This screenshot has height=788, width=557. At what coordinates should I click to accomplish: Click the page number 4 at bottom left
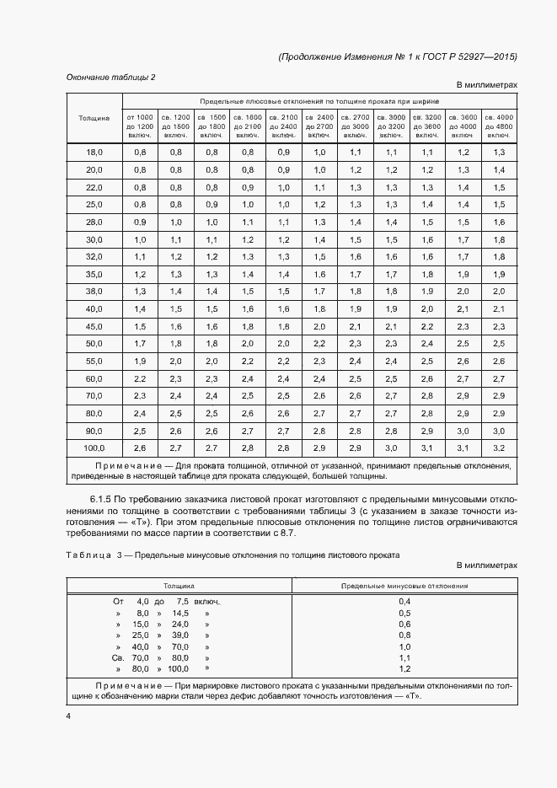click(68, 716)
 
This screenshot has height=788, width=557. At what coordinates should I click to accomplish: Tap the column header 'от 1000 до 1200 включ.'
click(140, 125)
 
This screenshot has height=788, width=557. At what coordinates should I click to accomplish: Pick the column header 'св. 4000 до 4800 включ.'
click(499, 125)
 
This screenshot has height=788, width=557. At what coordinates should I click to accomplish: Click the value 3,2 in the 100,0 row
click(499, 448)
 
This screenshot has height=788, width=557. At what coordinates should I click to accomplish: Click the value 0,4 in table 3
click(404, 601)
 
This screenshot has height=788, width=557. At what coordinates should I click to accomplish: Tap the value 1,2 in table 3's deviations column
click(404, 668)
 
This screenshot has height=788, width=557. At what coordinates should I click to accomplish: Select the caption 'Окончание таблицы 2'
click(110, 78)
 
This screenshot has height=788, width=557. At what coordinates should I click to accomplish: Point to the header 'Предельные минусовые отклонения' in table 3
click(404, 584)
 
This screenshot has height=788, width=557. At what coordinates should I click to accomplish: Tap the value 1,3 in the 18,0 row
click(499, 152)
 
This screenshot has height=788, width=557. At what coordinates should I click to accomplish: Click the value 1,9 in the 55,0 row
click(140, 361)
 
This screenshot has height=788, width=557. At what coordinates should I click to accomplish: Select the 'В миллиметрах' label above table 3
click(487, 566)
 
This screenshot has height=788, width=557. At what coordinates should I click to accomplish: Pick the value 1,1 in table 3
click(404, 657)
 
